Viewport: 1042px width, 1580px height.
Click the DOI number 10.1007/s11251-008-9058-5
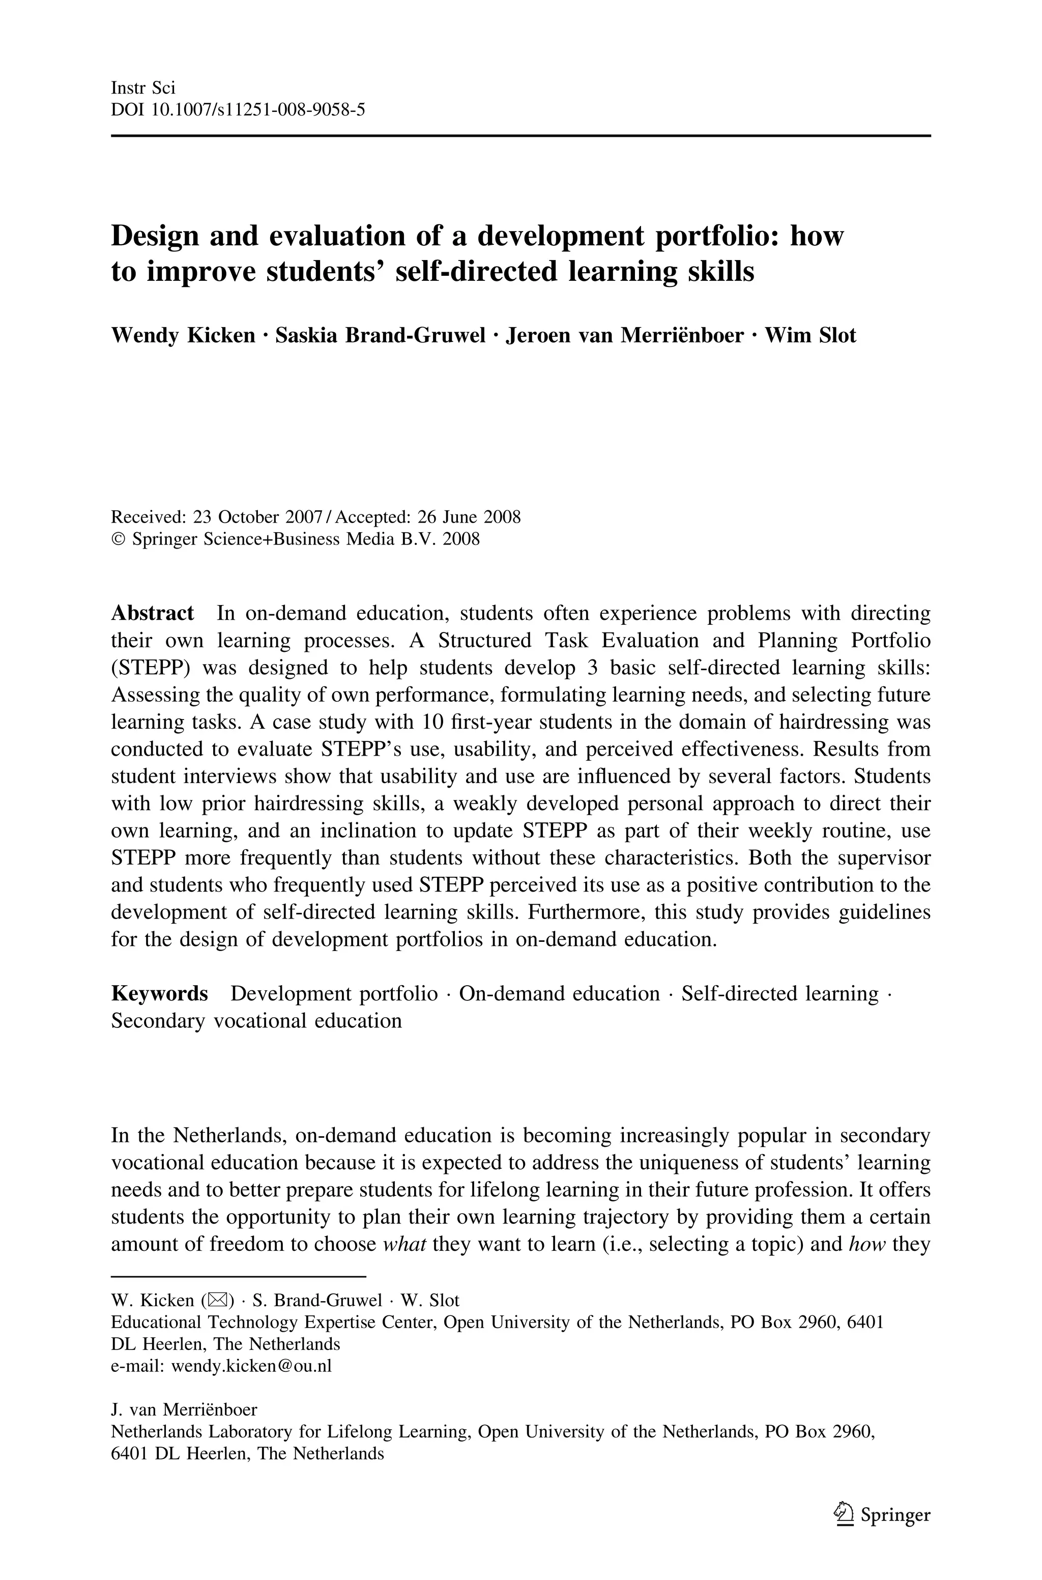pos(258,109)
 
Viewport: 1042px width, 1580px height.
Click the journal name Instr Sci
pos(143,87)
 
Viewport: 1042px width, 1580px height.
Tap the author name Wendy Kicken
pos(183,335)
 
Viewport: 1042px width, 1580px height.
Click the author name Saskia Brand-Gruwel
pos(380,335)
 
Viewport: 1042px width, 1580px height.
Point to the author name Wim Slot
pos(810,335)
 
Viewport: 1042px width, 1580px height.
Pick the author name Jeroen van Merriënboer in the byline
pos(625,335)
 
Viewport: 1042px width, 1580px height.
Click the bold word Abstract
pos(152,613)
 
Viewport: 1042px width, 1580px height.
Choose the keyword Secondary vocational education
pos(256,1021)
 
